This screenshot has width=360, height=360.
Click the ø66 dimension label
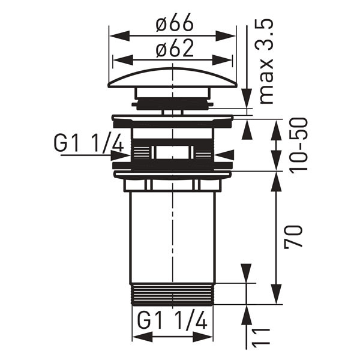coord(174,24)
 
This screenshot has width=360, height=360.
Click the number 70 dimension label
coord(294,237)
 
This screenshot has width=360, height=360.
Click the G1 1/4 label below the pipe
coord(172,321)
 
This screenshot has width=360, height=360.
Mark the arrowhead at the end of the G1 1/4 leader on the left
coord(122,155)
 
